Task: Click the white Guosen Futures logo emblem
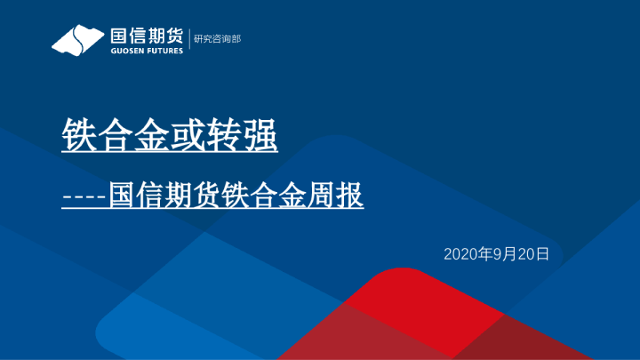tap(78, 39)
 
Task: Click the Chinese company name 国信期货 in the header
tap(146, 36)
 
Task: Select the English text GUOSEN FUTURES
tap(146, 51)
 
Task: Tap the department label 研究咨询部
tap(218, 39)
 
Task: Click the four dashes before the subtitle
tap(84, 196)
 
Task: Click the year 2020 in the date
tap(460, 254)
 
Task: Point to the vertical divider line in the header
tap(189, 40)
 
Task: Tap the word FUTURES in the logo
tap(165, 51)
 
